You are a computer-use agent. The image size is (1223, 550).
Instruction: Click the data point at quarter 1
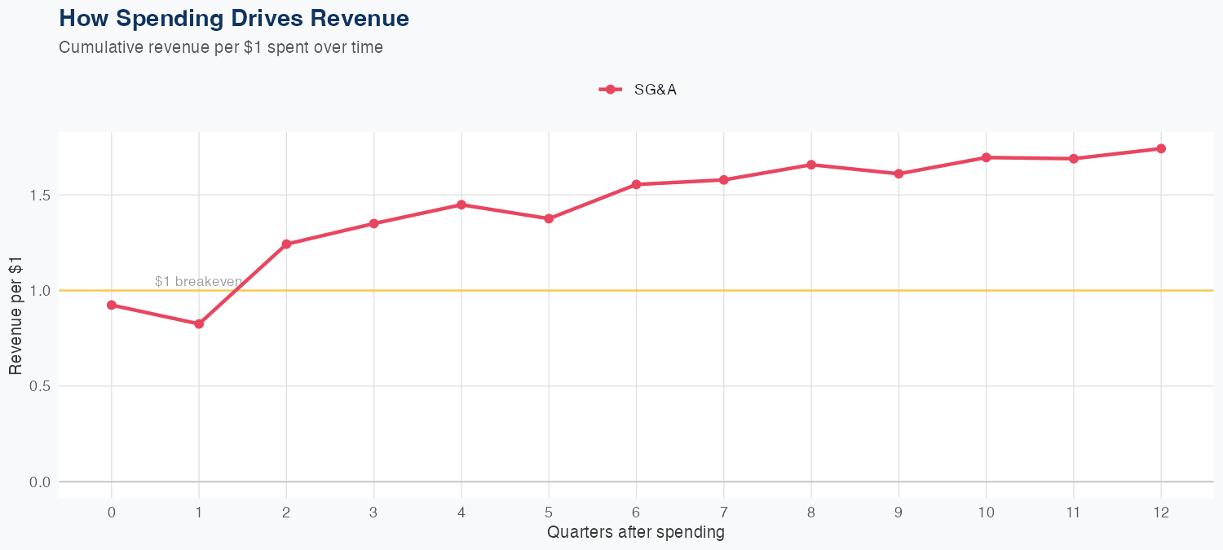pyautogui.click(x=199, y=324)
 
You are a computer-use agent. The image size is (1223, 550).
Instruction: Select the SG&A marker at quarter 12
pyautogui.click(x=1161, y=148)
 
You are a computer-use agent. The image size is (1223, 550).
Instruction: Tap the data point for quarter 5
pyautogui.click(x=549, y=218)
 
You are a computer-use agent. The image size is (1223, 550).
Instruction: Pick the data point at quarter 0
pyautogui.click(x=112, y=305)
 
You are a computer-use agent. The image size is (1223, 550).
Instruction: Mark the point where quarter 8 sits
pyautogui.click(x=811, y=165)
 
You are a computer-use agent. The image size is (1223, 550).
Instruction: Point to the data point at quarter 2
pyautogui.click(x=286, y=244)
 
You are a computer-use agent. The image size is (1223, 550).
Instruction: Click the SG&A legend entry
pyautogui.click(x=638, y=90)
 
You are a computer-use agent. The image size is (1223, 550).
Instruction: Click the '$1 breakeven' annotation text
pyautogui.click(x=198, y=282)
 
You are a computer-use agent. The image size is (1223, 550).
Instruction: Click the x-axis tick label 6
pyautogui.click(x=636, y=513)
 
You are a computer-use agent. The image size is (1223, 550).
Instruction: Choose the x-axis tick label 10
pyautogui.click(x=986, y=513)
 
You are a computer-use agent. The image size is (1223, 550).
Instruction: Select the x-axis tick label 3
pyautogui.click(x=373, y=513)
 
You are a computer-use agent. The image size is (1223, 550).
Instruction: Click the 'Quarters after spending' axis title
pyautogui.click(x=636, y=533)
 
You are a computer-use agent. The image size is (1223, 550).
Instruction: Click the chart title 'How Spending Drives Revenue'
pyautogui.click(x=234, y=18)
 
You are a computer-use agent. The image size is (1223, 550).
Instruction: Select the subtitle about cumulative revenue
pyautogui.click(x=221, y=47)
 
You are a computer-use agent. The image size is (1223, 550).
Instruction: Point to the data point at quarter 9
pyautogui.click(x=898, y=174)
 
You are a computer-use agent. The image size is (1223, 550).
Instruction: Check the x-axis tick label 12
pyautogui.click(x=1161, y=513)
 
